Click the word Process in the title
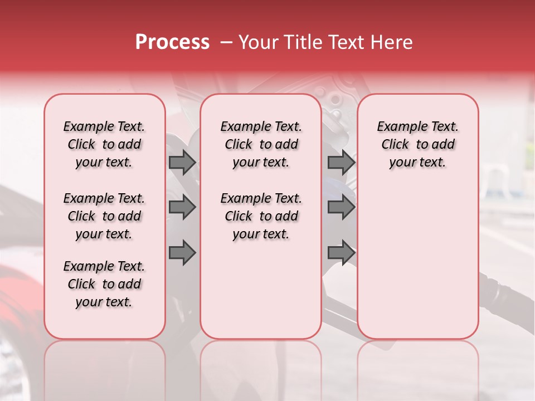pyautogui.click(x=172, y=42)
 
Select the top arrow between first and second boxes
pyautogui.click(x=182, y=163)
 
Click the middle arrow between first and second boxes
pyautogui.click(x=182, y=208)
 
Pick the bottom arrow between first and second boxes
pyautogui.click(x=182, y=253)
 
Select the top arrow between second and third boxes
pyautogui.click(x=341, y=163)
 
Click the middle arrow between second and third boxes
pyautogui.click(x=341, y=208)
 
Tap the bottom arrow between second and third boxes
pyautogui.click(x=341, y=253)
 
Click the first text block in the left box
pyautogui.click(x=104, y=144)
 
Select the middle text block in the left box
pyautogui.click(x=104, y=216)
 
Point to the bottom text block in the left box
pyautogui.click(x=104, y=284)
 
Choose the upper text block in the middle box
pyautogui.click(x=261, y=144)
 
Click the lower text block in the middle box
pyautogui.click(x=261, y=216)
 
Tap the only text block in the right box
pyautogui.click(x=417, y=144)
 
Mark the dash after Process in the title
pyautogui.click(x=226, y=42)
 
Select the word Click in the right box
pyautogui.click(x=395, y=145)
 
